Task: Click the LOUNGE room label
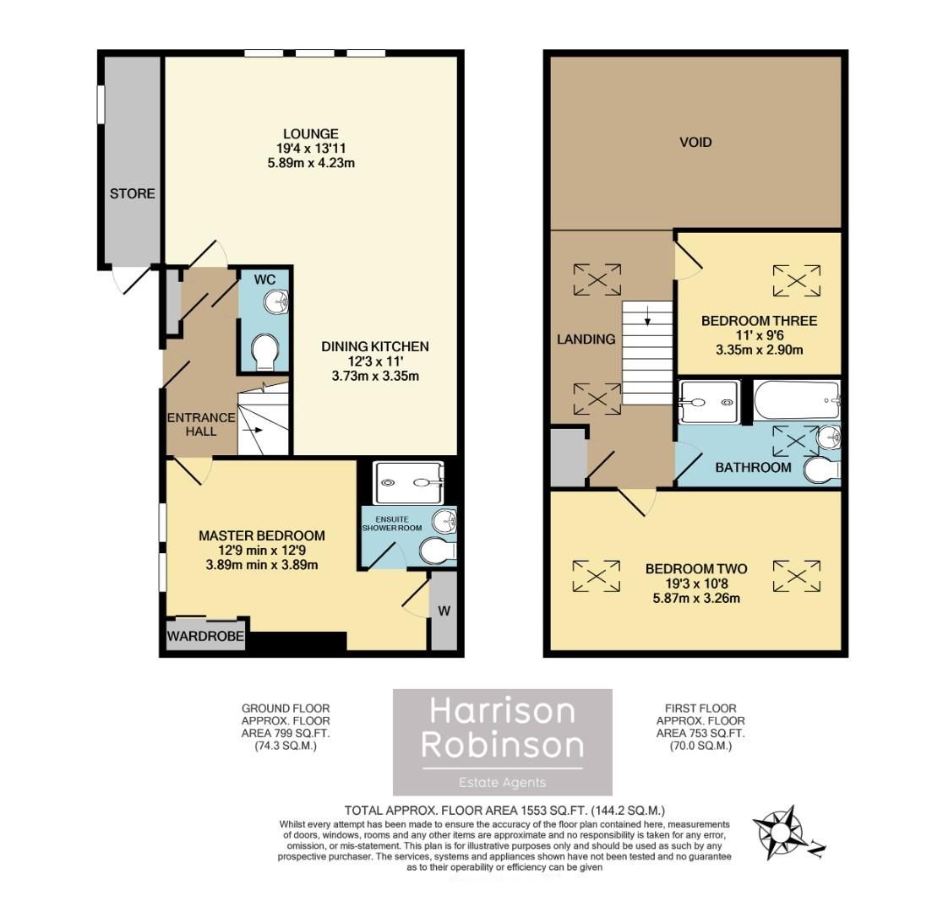(311, 133)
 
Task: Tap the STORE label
(133, 193)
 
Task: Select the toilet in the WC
(265, 351)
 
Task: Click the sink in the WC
(275, 301)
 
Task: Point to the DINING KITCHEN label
(375, 346)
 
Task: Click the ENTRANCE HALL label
(191, 424)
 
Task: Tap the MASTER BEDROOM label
(261, 535)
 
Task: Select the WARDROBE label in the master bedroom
(205, 636)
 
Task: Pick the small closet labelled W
(444, 611)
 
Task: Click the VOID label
(695, 142)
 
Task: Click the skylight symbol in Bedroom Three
(797, 280)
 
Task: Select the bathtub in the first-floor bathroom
(795, 401)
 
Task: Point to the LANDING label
(585, 339)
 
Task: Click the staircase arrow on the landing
(646, 318)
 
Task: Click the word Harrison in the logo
(502, 711)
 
